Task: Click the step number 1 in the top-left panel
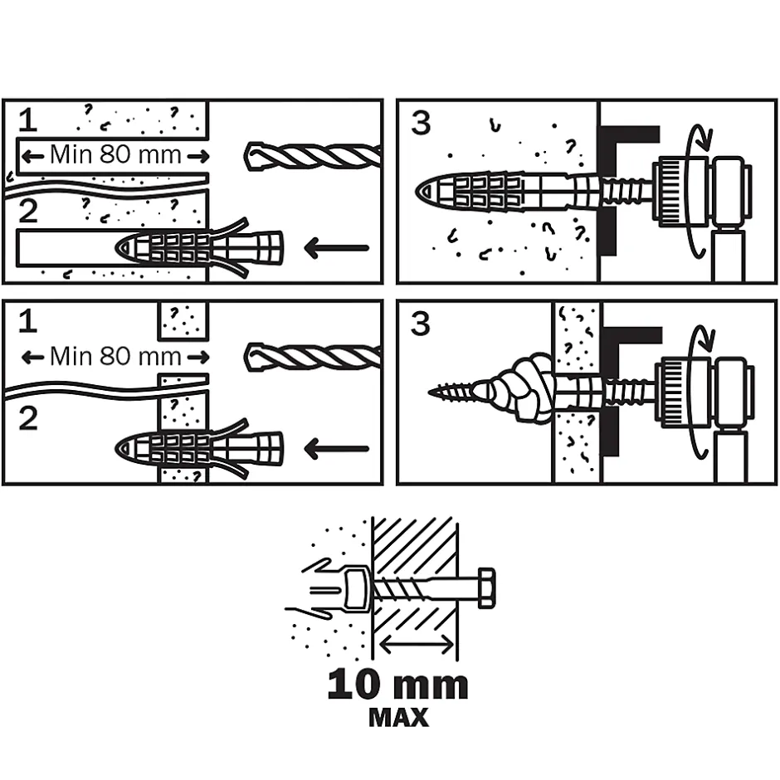tap(28, 120)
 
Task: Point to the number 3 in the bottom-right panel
tap(422, 324)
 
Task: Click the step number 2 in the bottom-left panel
tap(28, 417)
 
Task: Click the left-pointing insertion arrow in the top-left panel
tap(336, 247)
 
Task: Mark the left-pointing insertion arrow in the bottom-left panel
tap(336, 449)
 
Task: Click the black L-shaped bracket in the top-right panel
tap(614, 166)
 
